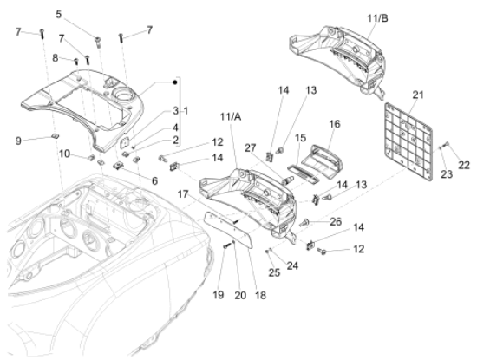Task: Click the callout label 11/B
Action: click(x=377, y=18)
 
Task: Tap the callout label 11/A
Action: click(x=231, y=116)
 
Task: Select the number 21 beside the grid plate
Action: click(x=418, y=95)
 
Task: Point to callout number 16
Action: click(x=334, y=124)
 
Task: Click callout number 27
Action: click(x=251, y=148)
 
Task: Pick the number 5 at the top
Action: click(x=59, y=14)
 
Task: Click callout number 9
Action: click(x=18, y=141)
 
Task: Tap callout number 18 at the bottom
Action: click(x=260, y=295)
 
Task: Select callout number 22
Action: click(x=464, y=165)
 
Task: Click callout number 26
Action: click(x=336, y=221)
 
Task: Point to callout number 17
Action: click(x=183, y=193)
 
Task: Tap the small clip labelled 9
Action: click(x=55, y=136)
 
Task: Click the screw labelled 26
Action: click(x=304, y=222)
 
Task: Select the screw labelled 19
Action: click(x=225, y=245)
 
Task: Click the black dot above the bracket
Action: click(x=174, y=82)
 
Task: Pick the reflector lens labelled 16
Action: click(x=326, y=160)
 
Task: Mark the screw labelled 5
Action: click(x=98, y=42)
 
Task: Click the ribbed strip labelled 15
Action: click(x=303, y=174)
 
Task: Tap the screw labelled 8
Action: click(x=76, y=62)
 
